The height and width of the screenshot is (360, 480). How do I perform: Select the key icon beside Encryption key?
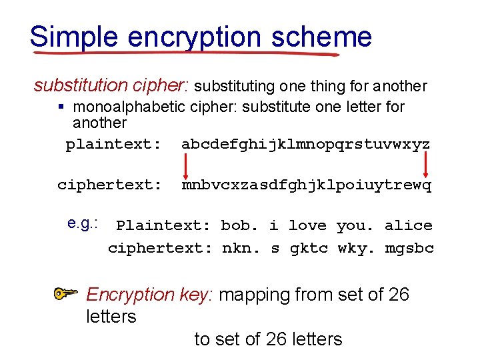click(67, 293)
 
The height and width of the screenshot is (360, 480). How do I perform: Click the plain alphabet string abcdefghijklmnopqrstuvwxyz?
click(306, 144)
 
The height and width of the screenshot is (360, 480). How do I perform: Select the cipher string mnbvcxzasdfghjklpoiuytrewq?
click(306, 185)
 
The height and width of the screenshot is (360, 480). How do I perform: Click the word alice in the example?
click(408, 225)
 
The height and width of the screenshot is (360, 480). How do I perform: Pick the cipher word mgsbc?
click(409, 249)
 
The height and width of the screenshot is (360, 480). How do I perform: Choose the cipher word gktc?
click(309, 249)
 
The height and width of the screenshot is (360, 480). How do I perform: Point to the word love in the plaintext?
click(308, 225)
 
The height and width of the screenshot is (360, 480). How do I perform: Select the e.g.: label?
click(83, 223)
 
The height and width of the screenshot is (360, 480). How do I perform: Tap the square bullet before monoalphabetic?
click(61, 107)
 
